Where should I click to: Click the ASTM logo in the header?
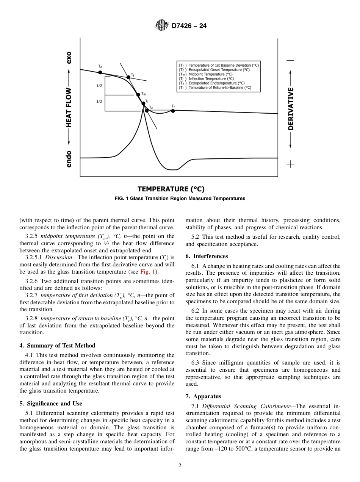pyautogui.click(x=162, y=26)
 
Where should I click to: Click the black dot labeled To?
pyautogui.click(x=100, y=72)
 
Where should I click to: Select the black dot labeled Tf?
pyautogui.click(x=128, y=77)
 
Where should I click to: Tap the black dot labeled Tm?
pyautogui.click(x=138, y=94)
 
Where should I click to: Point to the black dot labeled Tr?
pyautogui.click(x=173, y=110)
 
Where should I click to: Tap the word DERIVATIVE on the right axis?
pyautogui.click(x=291, y=109)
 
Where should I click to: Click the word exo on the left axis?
pyautogui.click(x=69, y=58)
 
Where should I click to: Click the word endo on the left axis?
pyautogui.click(x=69, y=159)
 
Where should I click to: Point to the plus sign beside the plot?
pyautogui.click(x=290, y=164)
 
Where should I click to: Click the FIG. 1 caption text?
pyautogui.click(x=180, y=199)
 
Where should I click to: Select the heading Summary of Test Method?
pyautogui.click(x=57, y=345)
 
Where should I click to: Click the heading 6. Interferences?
pyautogui.click(x=207, y=256)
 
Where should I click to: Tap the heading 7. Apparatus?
pyautogui.click(x=203, y=396)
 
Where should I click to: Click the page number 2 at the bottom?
pyautogui.click(x=180, y=466)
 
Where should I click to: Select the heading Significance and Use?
pyautogui.click(x=51, y=403)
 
